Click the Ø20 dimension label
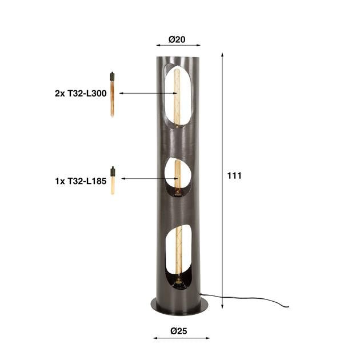point(176,39)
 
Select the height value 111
point(234,176)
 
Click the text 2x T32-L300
point(81,93)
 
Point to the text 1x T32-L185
point(81,180)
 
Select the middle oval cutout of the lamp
point(175,178)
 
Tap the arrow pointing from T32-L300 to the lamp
point(142,93)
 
